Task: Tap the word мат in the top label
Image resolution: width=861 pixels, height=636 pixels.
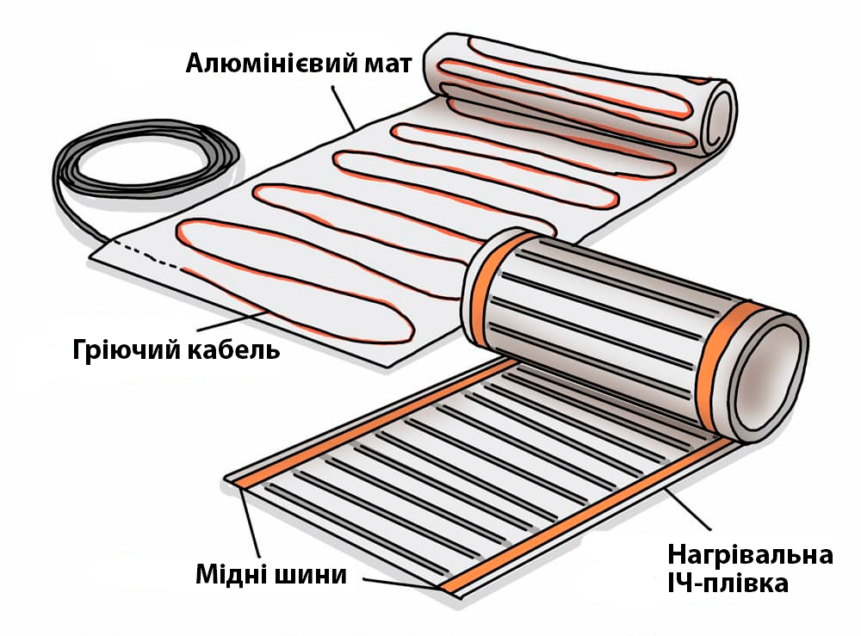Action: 387,65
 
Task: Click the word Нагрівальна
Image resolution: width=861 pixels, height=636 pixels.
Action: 751,555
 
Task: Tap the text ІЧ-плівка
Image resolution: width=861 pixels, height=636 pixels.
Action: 728,584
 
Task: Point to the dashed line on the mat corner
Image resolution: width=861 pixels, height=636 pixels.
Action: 146,254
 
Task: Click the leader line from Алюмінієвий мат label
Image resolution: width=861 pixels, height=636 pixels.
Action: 344,108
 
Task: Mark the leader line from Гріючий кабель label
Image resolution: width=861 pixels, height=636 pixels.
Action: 232,322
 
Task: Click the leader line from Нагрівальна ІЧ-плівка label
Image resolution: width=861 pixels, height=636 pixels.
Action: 689,509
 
